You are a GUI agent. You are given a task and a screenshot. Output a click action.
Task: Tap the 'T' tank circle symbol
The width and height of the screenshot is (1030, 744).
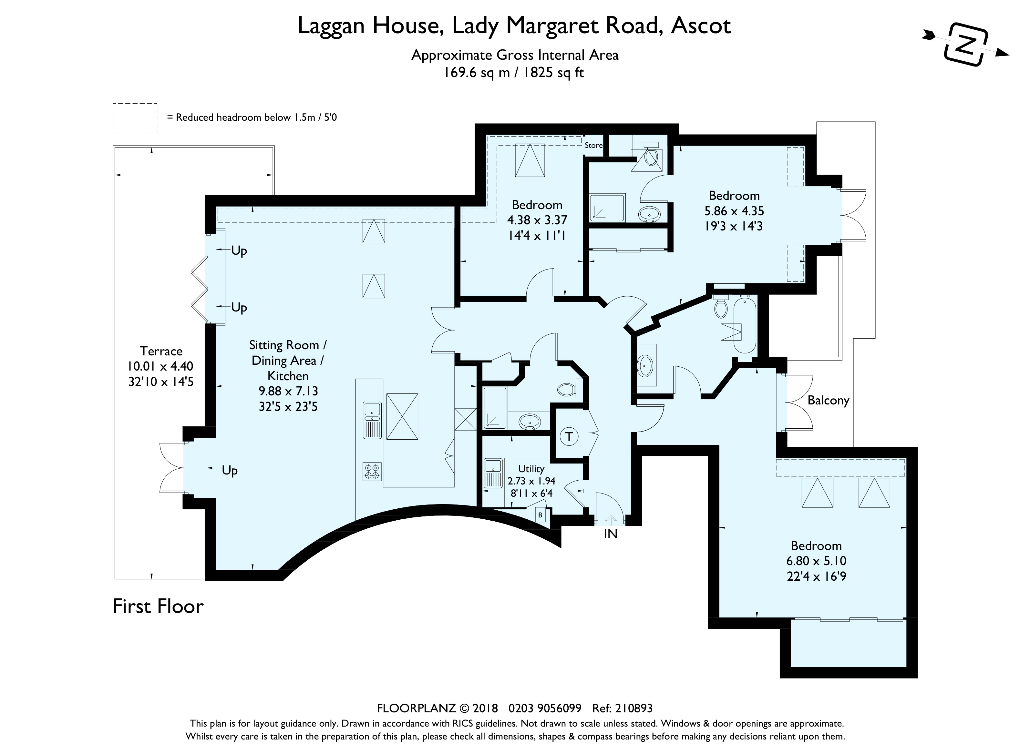pyautogui.click(x=569, y=437)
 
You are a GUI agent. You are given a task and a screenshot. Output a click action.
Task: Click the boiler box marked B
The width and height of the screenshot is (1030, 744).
pyautogui.click(x=540, y=515)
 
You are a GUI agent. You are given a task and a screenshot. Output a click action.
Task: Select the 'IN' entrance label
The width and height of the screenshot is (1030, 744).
pyautogui.click(x=610, y=534)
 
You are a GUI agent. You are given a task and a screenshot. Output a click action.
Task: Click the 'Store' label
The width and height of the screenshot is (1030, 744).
pyautogui.click(x=593, y=145)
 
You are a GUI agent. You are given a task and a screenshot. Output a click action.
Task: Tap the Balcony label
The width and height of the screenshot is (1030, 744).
pyautogui.click(x=828, y=400)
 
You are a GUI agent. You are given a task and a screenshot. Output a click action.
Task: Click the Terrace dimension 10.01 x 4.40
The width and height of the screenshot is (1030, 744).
pyautogui.click(x=160, y=366)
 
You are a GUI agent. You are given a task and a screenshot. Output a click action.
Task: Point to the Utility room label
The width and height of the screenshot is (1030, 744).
pyautogui.click(x=531, y=468)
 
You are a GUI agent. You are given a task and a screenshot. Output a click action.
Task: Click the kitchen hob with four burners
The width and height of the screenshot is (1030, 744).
pyautogui.click(x=372, y=471)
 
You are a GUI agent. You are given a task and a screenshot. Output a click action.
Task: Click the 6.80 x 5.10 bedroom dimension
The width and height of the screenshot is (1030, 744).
pyautogui.click(x=816, y=561)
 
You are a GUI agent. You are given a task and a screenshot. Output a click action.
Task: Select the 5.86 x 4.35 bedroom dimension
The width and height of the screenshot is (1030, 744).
pyautogui.click(x=734, y=211)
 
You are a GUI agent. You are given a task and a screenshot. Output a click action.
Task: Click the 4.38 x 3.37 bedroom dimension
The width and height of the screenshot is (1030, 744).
pyautogui.click(x=537, y=220)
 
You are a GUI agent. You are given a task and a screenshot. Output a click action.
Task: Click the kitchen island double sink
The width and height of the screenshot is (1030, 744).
pyautogui.click(x=372, y=420)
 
